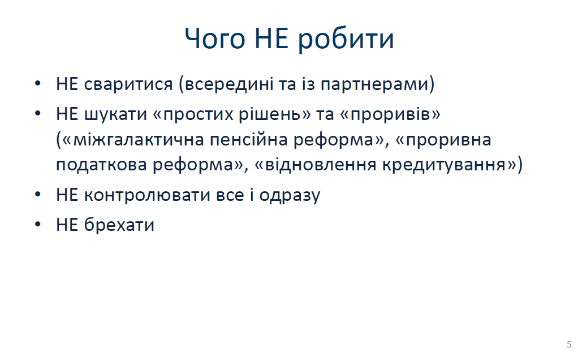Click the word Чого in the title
point(215,38)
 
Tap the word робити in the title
point(346,40)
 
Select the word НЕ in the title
point(271,38)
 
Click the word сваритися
point(128,84)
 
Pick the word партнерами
point(374,84)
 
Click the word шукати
point(116,114)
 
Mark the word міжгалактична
point(139,140)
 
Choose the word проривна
point(448,140)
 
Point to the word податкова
point(102,165)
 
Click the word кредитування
point(444,165)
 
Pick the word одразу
point(290,195)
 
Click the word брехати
point(119,225)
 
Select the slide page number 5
point(569,345)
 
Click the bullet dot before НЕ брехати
point(38,224)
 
